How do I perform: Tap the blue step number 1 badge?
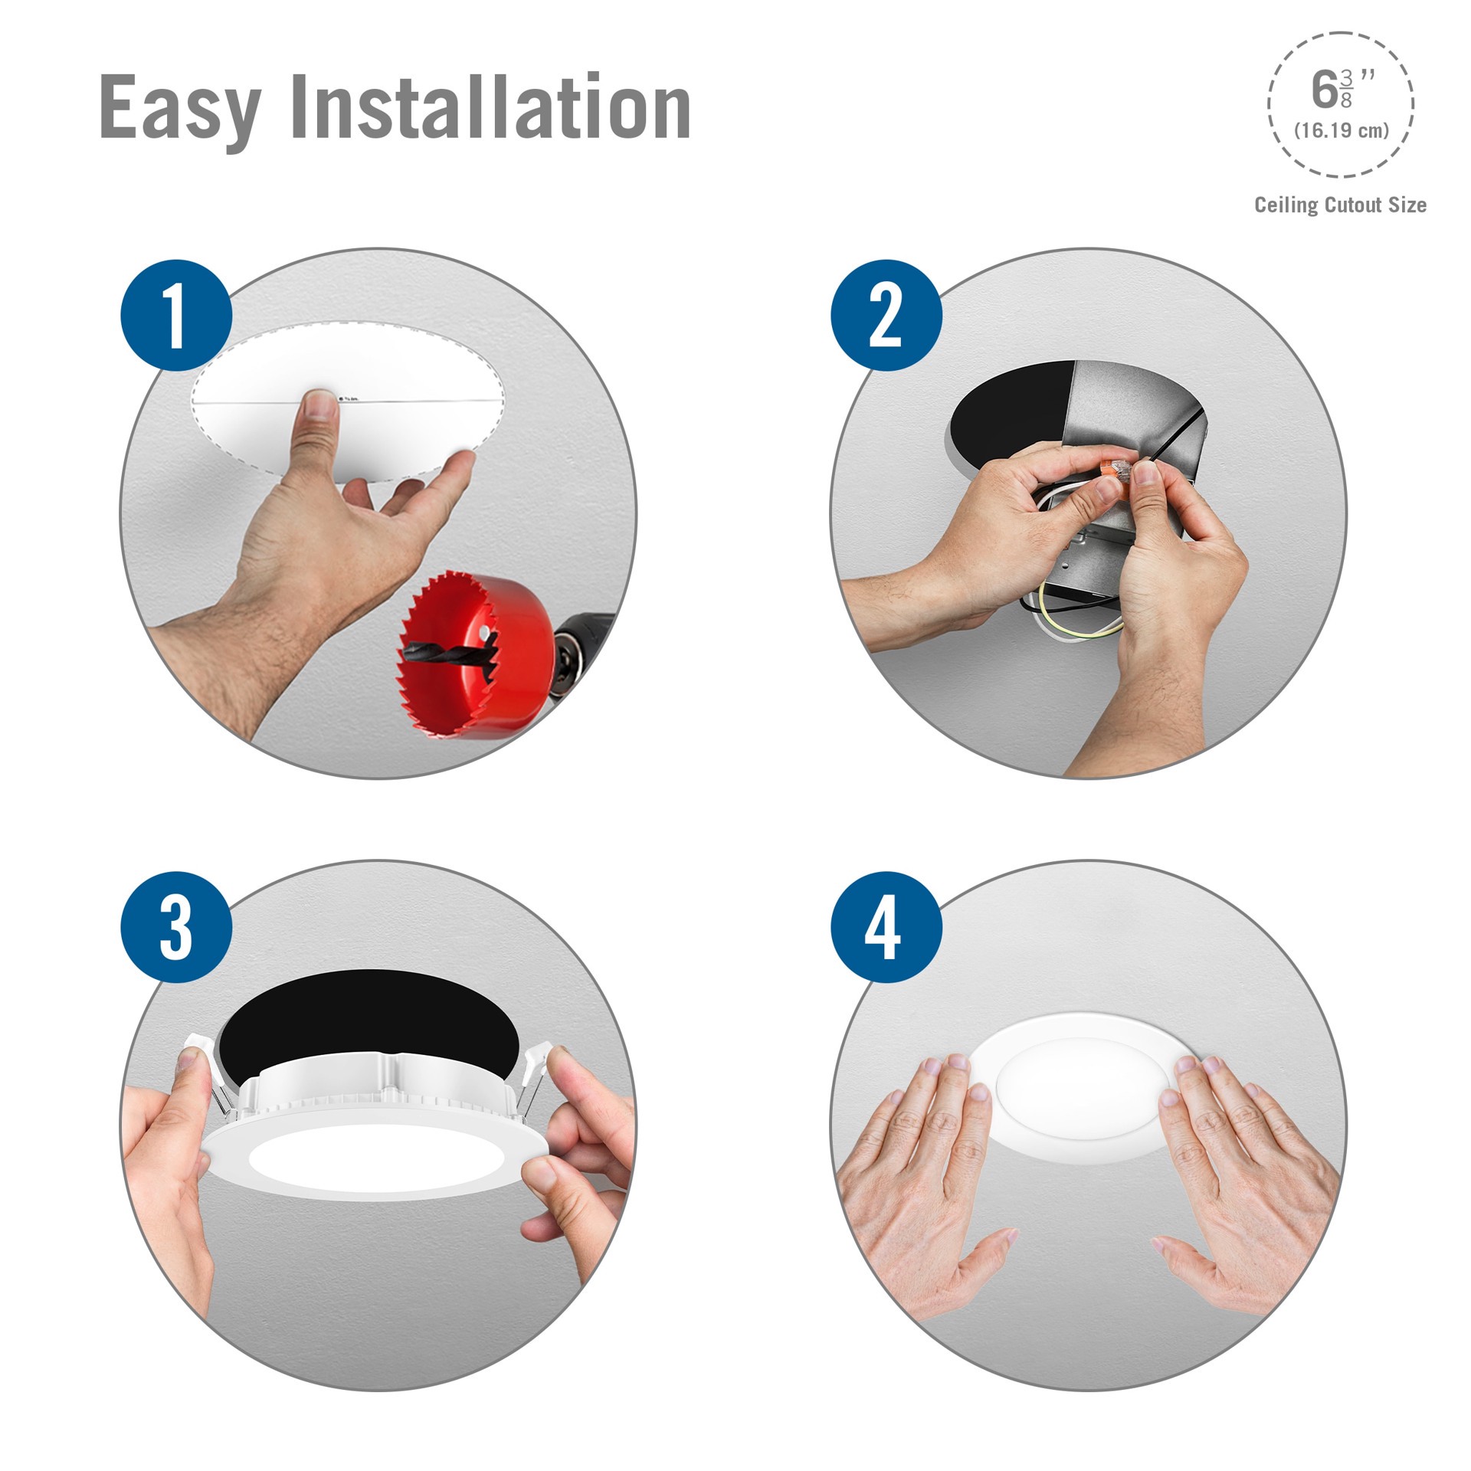tap(176, 315)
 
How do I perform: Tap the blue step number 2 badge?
tap(886, 315)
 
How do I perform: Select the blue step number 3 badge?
tap(176, 927)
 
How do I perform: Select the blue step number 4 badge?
tap(886, 927)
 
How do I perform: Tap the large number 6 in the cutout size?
tap(1324, 90)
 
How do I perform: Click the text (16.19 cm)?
tap(1341, 130)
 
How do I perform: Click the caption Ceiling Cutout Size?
tap(1340, 205)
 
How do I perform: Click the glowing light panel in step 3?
tap(375, 1165)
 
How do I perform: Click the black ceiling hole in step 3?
tap(360, 1019)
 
